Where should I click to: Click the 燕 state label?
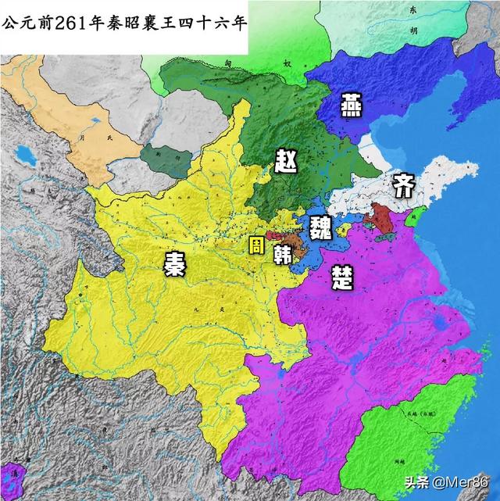(x=350, y=105)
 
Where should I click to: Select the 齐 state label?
(x=403, y=186)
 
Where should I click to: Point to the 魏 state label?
(x=320, y=227)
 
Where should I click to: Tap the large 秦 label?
(x=173, y=264)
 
